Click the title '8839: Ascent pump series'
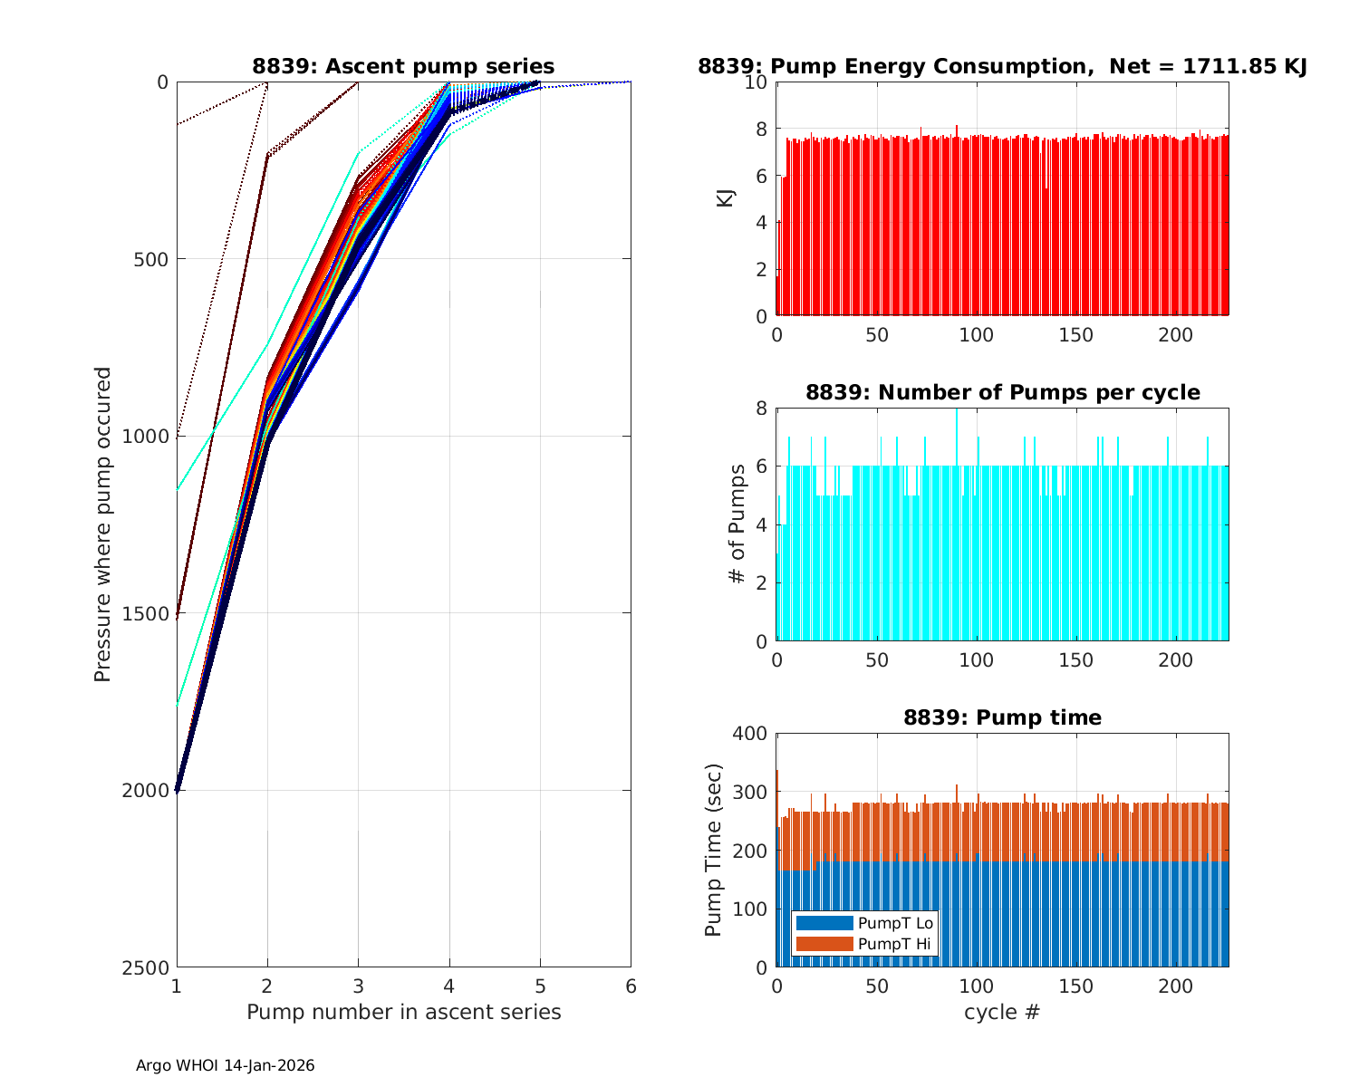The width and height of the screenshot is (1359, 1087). coord(403,66)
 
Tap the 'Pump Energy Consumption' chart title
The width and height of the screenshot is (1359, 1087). coord(1002,66)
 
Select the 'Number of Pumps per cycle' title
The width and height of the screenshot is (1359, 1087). coord(1002,392)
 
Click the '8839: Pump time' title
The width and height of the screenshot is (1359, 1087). coord(1002,717)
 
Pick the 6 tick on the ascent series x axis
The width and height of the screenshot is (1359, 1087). coord(631,986)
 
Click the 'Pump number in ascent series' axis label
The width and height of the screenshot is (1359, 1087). coord(403,1012)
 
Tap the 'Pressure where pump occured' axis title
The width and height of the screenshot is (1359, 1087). coord(102,524)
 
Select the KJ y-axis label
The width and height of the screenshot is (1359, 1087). coord(726,198)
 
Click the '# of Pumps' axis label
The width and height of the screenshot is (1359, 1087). coord(738,524)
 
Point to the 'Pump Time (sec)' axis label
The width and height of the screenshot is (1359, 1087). coord(714,851)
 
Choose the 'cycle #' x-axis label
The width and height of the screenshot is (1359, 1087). coord(1002,1012)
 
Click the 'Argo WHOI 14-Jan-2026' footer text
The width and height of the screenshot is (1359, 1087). coord(225,1065)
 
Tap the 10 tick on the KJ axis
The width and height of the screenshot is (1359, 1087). coord(757,82)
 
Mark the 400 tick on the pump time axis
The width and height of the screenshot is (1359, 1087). coord(750,734)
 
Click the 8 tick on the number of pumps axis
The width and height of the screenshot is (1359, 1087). coord(761,409)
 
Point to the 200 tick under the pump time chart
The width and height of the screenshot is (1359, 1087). coord(1176,986)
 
